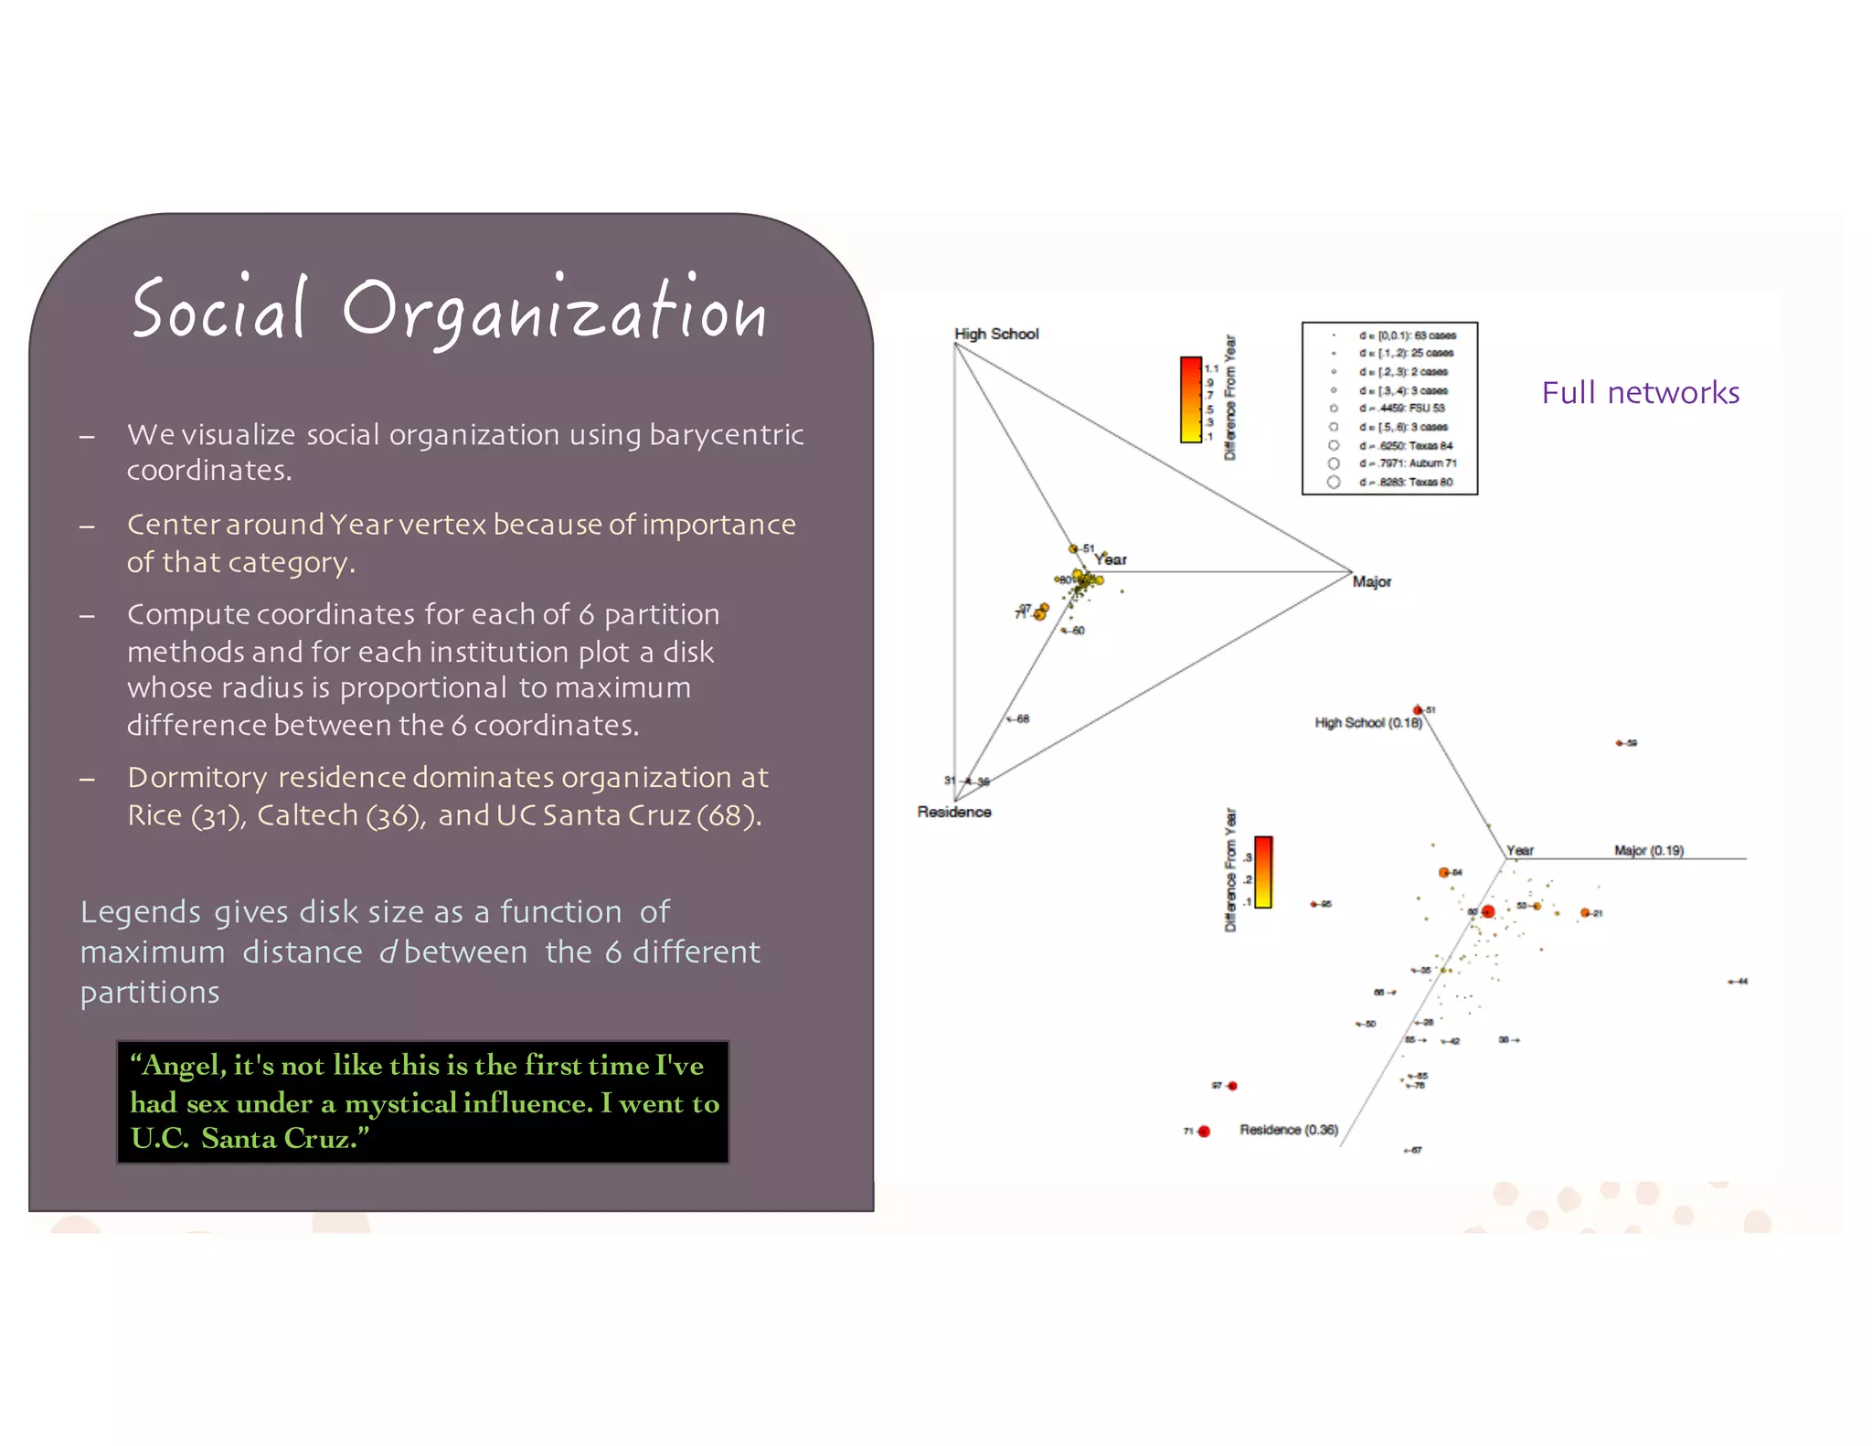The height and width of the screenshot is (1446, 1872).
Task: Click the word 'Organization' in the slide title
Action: tap(554, 313)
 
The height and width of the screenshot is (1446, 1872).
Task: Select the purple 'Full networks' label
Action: tap(1640, 393)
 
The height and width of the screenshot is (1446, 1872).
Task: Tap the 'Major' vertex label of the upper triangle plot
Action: tap(1371, 582)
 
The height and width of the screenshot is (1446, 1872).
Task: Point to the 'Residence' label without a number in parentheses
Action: tap(953, 812)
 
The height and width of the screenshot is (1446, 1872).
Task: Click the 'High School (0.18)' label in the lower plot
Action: tap(1367, 723)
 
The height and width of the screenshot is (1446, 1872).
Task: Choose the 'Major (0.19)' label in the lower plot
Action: tap(1648, 851)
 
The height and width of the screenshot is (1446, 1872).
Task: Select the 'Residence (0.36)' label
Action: tap(1288, 1131)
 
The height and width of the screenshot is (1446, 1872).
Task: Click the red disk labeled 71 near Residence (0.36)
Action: tap(1204, 1132)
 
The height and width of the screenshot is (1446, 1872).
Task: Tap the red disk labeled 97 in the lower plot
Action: tap(1232, 1086)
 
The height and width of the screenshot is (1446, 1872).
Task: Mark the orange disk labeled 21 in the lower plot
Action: tap(1585, 913)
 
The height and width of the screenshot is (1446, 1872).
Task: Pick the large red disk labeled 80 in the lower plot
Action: tap(1487, 911)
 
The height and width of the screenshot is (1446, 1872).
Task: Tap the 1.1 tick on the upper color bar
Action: tap(1211, 369)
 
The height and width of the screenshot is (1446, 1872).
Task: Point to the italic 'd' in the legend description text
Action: tap(388, 952)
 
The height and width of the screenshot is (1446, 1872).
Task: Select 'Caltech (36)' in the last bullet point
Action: tap(341, 815)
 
